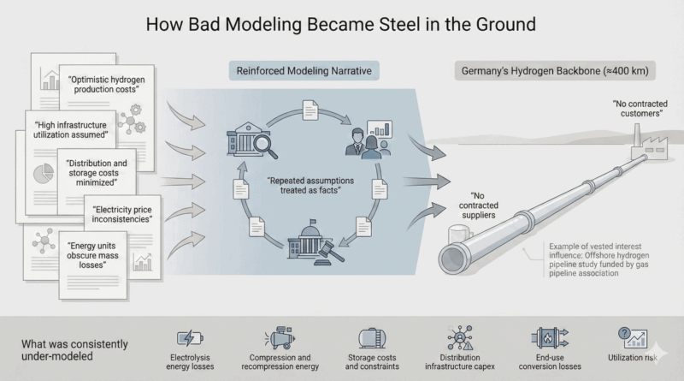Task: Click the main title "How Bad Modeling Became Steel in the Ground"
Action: (341, 23)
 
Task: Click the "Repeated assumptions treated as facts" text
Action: (304, 187)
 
